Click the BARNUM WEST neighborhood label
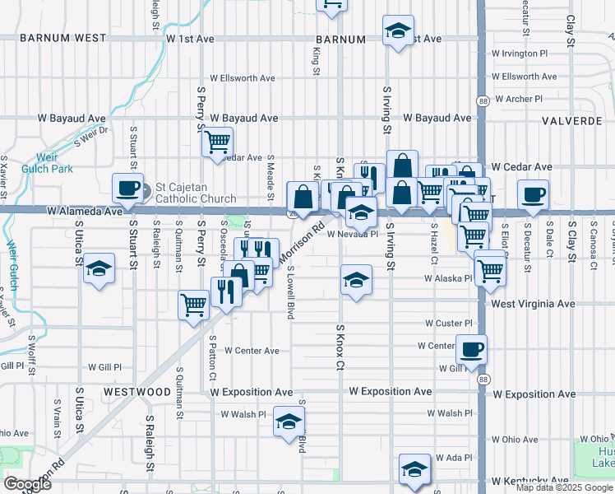pos(63,38)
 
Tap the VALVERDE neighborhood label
pos(573,120)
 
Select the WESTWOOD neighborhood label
pos(137,391)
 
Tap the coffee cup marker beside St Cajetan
pos(128,189)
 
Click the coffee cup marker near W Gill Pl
pos(471,349)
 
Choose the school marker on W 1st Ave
pos(399,31)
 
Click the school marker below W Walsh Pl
pos(289,422)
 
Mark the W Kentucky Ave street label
pos(529,480)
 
